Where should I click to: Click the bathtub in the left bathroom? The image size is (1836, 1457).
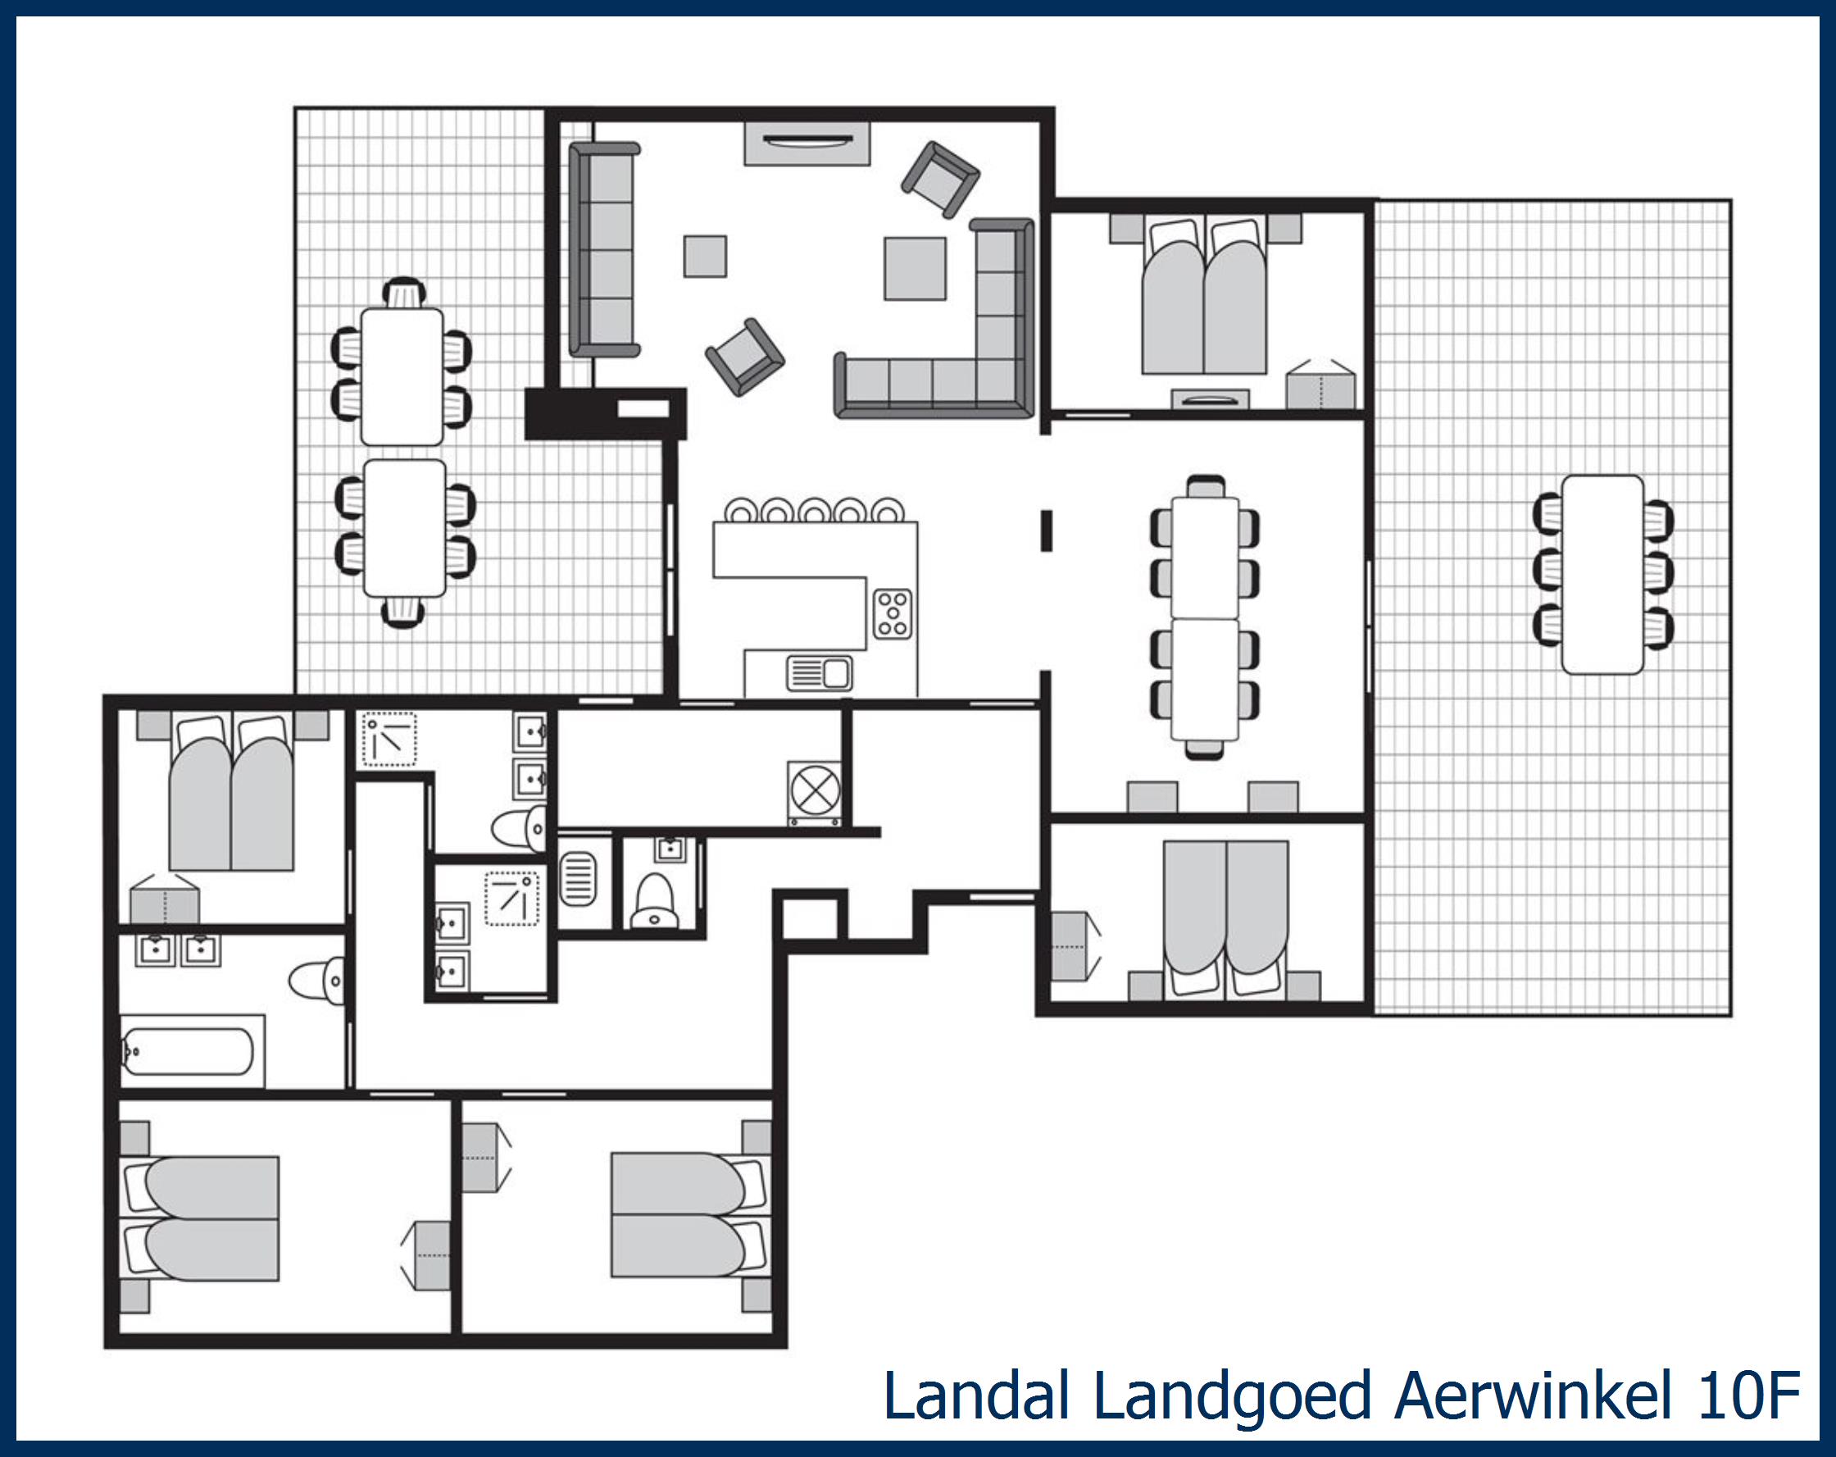pyautogui.click(x=189, y=1051)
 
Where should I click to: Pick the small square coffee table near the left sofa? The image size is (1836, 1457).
pyautogui.click(x=705, y=257)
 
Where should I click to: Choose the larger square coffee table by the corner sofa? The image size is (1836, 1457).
pyautogui.click(x=915, y=268)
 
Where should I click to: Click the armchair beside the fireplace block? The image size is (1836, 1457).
pyautogui.click(x=745, y=357)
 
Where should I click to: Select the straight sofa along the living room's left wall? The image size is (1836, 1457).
pyautogui.click(x=604, y=248)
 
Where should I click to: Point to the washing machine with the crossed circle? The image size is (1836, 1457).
pyautogui.click(x=816, y=791)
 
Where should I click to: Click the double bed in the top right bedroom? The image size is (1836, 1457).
pyautogui.click(x=1204, y=298)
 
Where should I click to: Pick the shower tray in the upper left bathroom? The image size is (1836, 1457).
pyautogui.click(x=390, y=739)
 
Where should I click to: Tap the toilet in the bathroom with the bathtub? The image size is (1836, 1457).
pyautogui.click(x=316, y=980)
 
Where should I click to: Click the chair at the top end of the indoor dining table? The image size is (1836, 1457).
pyautogui.click(x=1205, y=486)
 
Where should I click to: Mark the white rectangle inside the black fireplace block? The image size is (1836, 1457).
pyautogui.click(x=643, y=409)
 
